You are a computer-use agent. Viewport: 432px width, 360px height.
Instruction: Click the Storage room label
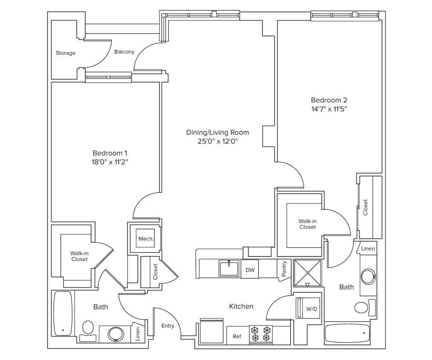(65, 53)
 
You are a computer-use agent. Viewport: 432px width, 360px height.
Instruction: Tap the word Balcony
(124, 52)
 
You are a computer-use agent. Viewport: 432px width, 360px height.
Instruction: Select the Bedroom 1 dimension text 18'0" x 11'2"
(110, 162)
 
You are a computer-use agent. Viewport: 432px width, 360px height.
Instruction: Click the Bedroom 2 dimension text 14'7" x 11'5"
(329, 109)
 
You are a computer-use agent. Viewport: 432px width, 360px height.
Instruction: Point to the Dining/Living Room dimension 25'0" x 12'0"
(217, 141)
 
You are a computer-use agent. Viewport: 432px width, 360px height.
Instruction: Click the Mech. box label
(146, 239)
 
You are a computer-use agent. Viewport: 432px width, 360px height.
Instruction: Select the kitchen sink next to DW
(229, 269)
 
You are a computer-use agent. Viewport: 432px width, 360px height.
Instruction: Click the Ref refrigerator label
(237, 336)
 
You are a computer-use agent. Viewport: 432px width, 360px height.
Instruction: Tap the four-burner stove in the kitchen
(261, 334)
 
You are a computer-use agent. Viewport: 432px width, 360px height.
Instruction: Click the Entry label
(168, 326)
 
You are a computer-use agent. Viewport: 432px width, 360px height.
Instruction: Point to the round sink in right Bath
(368, 276)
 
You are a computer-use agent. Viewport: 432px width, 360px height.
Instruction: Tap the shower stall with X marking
(307, 273)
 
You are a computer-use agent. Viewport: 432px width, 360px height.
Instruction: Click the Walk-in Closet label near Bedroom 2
(307, 224)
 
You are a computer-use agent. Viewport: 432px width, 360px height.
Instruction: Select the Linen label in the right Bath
(368, 248)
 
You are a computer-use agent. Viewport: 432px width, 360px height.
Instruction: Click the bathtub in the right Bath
(347, 333)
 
